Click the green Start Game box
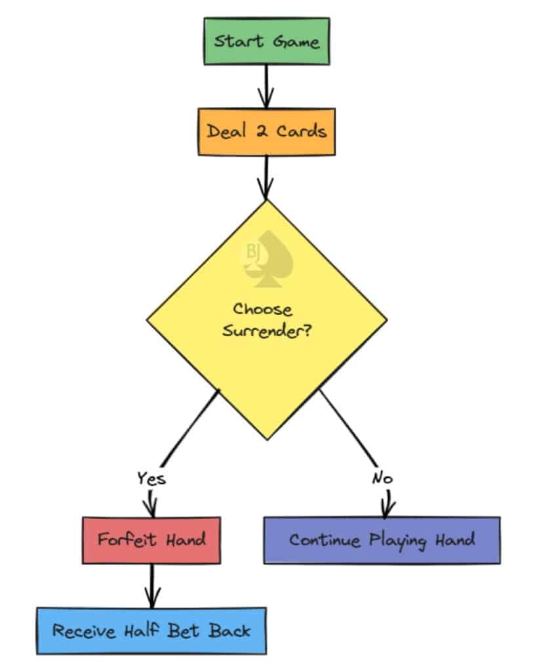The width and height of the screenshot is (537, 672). point(266,42)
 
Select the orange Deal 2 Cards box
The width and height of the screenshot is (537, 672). point(266,131)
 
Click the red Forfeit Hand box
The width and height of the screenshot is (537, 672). point(151,540)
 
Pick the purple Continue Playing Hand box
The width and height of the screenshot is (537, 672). point(382,540)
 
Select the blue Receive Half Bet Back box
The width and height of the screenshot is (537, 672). point(151,631)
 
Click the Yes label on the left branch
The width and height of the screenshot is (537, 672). point(151,478)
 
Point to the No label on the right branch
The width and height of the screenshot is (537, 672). point(382,478)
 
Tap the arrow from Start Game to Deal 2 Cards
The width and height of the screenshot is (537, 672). point(266,86)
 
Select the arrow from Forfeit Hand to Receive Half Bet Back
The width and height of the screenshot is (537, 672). point(152,585)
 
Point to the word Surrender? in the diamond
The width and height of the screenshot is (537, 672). point(266,329)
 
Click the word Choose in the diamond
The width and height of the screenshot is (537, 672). point(262,309)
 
